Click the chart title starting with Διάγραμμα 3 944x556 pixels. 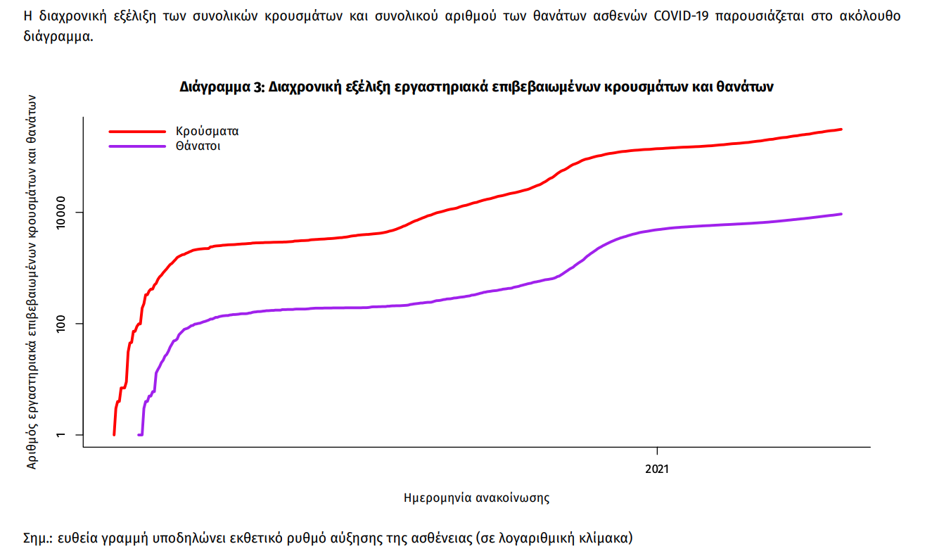click(x=476, y=87)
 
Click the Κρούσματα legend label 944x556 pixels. click(x=208, y=131)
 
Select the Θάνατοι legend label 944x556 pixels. click(x=198, y=146)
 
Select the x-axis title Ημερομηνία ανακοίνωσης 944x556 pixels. click(x=476, y=498)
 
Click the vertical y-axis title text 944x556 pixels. click(x=32, y=282)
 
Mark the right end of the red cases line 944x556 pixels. click(x=841, y=129)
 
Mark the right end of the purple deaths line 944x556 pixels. click(x=841, y=214)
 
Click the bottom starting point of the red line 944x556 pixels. click(x=114, y=434)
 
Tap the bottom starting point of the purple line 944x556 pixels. click(x=139, y=434)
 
